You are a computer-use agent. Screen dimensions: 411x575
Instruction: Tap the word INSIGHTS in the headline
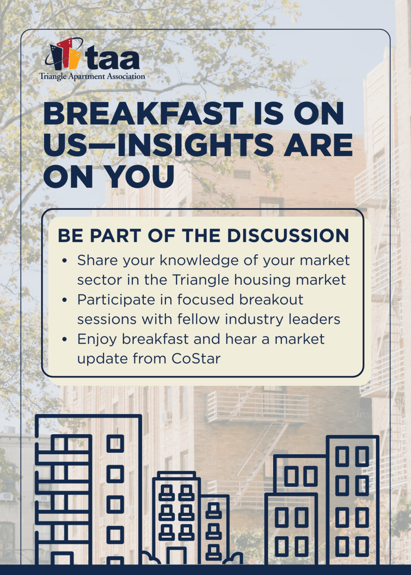pyautogui.click(x=196, y=145)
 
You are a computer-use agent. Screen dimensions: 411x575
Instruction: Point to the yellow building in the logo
pyautogui.click(x=74, y=59)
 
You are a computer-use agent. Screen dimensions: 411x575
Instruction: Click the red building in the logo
pyautogui.click(x=66, y=53)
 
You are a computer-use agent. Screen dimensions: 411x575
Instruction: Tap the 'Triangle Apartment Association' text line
pyautogui.click(x=92, y=77)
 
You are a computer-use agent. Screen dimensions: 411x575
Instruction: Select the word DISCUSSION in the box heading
pyautogui.click(x=288, y=235)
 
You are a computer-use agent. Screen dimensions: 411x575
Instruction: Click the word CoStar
pyautogui.click(x=196, y=358)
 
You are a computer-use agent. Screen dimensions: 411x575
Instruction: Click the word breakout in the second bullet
pyautogui.click(x=271, y=299)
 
